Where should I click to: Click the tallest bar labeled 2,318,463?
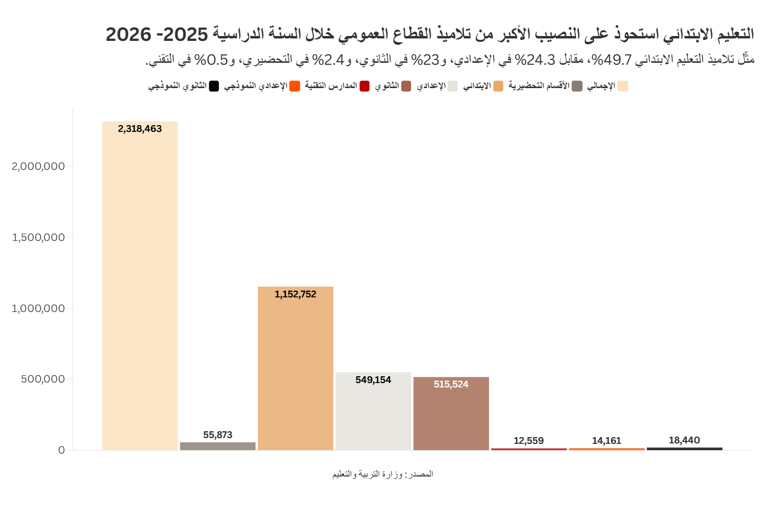(140, 286)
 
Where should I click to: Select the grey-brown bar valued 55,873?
(218, 446)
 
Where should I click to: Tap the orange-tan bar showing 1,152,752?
(295, 368)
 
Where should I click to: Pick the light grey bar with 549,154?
(373, 411)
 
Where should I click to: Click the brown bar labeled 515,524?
(451, 414)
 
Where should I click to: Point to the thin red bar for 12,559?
(529, 449)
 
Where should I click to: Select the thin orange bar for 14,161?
(607, 449)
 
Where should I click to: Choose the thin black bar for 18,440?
(685, 449)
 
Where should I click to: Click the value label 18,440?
(684, 440)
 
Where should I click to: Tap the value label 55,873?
(218, 435)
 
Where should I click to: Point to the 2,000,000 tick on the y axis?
(38, 166)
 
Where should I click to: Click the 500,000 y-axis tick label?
(43, 379)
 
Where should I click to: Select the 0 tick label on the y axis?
(61, 450)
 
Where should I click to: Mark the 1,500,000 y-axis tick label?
(38, 238)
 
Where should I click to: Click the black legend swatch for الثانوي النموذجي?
(214, 86)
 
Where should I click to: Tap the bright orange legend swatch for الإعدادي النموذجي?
(295, 86)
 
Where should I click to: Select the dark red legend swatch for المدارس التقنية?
(365, 86)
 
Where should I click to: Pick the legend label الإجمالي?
(601, 86)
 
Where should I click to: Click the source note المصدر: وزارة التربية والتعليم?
(383, 474)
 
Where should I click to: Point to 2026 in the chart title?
(128, 35)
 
